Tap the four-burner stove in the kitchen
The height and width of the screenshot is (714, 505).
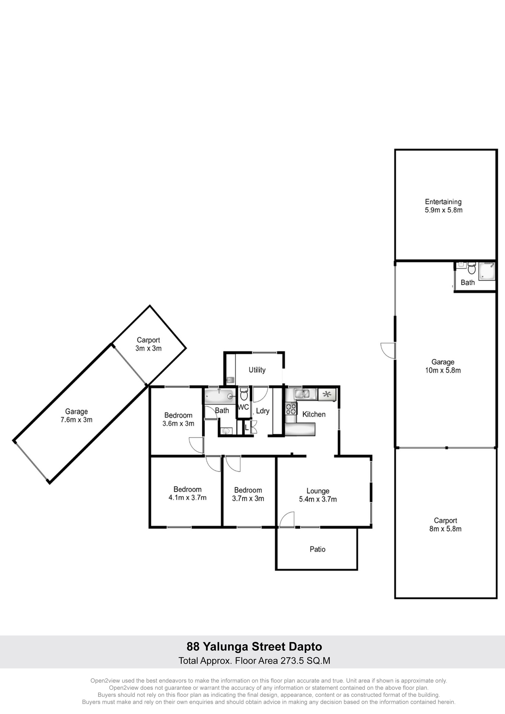(x=291, y=409)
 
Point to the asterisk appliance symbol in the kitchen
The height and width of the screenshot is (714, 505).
(x=326, y=394)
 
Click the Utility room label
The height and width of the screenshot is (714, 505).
(x=257, y=370)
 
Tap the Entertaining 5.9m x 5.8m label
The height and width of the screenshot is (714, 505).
(x=443, y=206)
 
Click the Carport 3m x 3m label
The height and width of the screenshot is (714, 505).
(x=148, y=344)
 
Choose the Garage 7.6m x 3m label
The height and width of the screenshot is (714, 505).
(x=77, y=415)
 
